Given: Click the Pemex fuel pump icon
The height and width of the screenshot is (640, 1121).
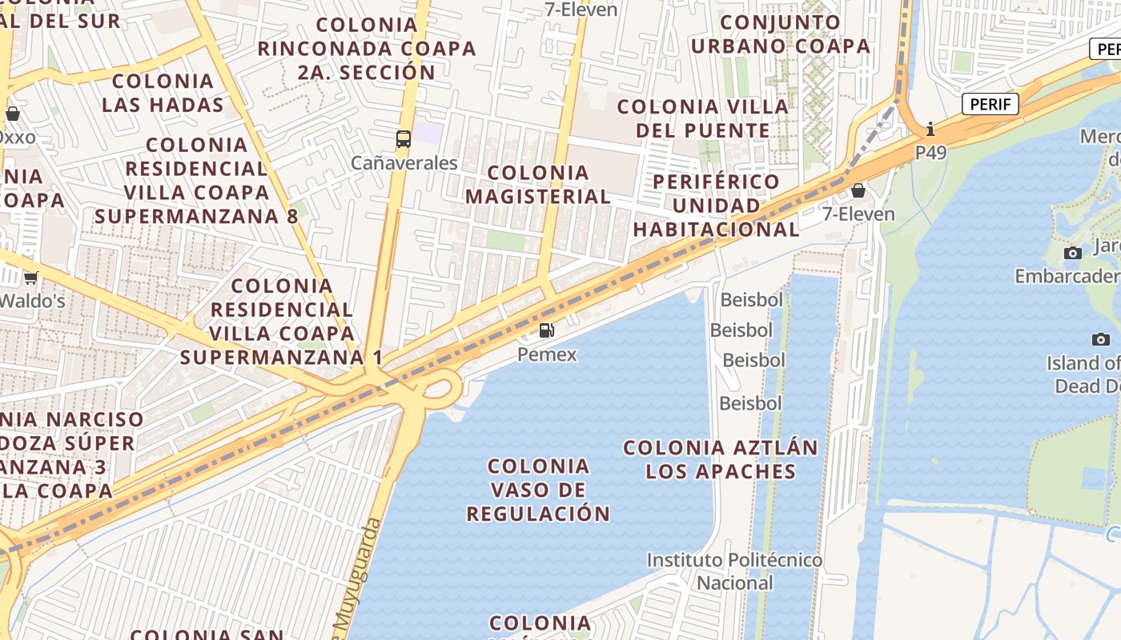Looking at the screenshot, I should click(x=546, y=330).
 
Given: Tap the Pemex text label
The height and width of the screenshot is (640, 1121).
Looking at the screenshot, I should click(x=547, y=354).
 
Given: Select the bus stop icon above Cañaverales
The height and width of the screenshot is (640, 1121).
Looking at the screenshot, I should click(x=404, y=139).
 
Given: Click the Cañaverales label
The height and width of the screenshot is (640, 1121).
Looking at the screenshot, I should click(x=404, y=163).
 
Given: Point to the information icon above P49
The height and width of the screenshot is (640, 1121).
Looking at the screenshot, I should click(x=930, y=129).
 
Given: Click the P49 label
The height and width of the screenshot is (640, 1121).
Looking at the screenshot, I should click(x=931, y=152).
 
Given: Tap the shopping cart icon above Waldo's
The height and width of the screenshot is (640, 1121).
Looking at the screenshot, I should click(x=30, y=278).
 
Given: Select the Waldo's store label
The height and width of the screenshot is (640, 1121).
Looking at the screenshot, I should click(x=32, y=301).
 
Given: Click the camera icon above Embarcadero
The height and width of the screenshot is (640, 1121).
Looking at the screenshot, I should click(x=1072, y=254).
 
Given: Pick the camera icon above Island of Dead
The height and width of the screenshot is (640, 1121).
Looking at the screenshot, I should click(x=1101, y=339).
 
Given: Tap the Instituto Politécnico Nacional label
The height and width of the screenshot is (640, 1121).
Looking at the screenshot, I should click(x=734, y=571).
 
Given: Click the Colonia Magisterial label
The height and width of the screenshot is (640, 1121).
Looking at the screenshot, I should click(x=538, y=184).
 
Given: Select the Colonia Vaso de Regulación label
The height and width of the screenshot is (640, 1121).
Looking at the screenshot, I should click(x=538, y=490).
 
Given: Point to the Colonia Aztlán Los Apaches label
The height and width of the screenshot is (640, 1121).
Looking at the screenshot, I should click(x=721, y=459).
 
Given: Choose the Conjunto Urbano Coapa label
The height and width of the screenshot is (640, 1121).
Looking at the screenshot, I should click(x=781, y=34).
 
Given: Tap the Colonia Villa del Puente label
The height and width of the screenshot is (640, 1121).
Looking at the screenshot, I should click(x=703, y=118).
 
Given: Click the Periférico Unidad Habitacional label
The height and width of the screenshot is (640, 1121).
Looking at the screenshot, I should click(x=716, y=205).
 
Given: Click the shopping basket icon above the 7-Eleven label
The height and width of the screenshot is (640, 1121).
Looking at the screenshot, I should click(x=858, y=190).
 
